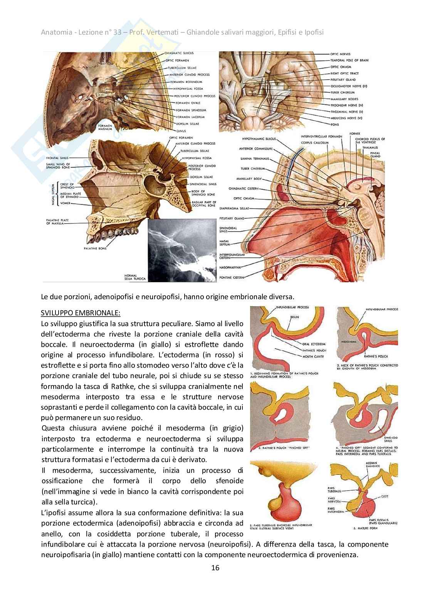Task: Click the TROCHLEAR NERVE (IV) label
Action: coord(347,105)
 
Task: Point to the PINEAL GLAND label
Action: coord(375,154)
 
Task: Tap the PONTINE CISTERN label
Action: coord(231,277)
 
